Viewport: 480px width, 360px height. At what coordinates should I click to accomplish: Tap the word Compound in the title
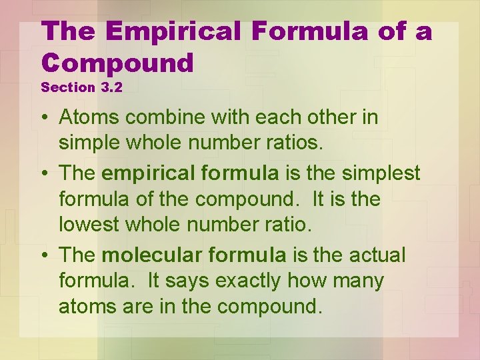(117, 63)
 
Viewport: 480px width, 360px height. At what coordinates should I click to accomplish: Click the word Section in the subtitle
(67, 87)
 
